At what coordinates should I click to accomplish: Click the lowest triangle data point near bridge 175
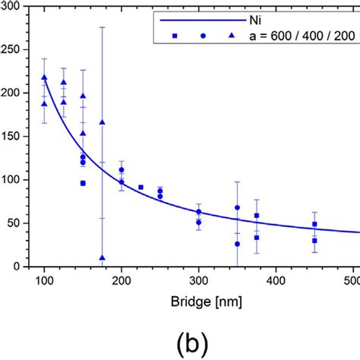coord(102,258)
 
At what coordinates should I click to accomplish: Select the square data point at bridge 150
coord(83,183)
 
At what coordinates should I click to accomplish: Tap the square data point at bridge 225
coord(141,187)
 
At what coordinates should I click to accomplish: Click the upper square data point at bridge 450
coord(314,224)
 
